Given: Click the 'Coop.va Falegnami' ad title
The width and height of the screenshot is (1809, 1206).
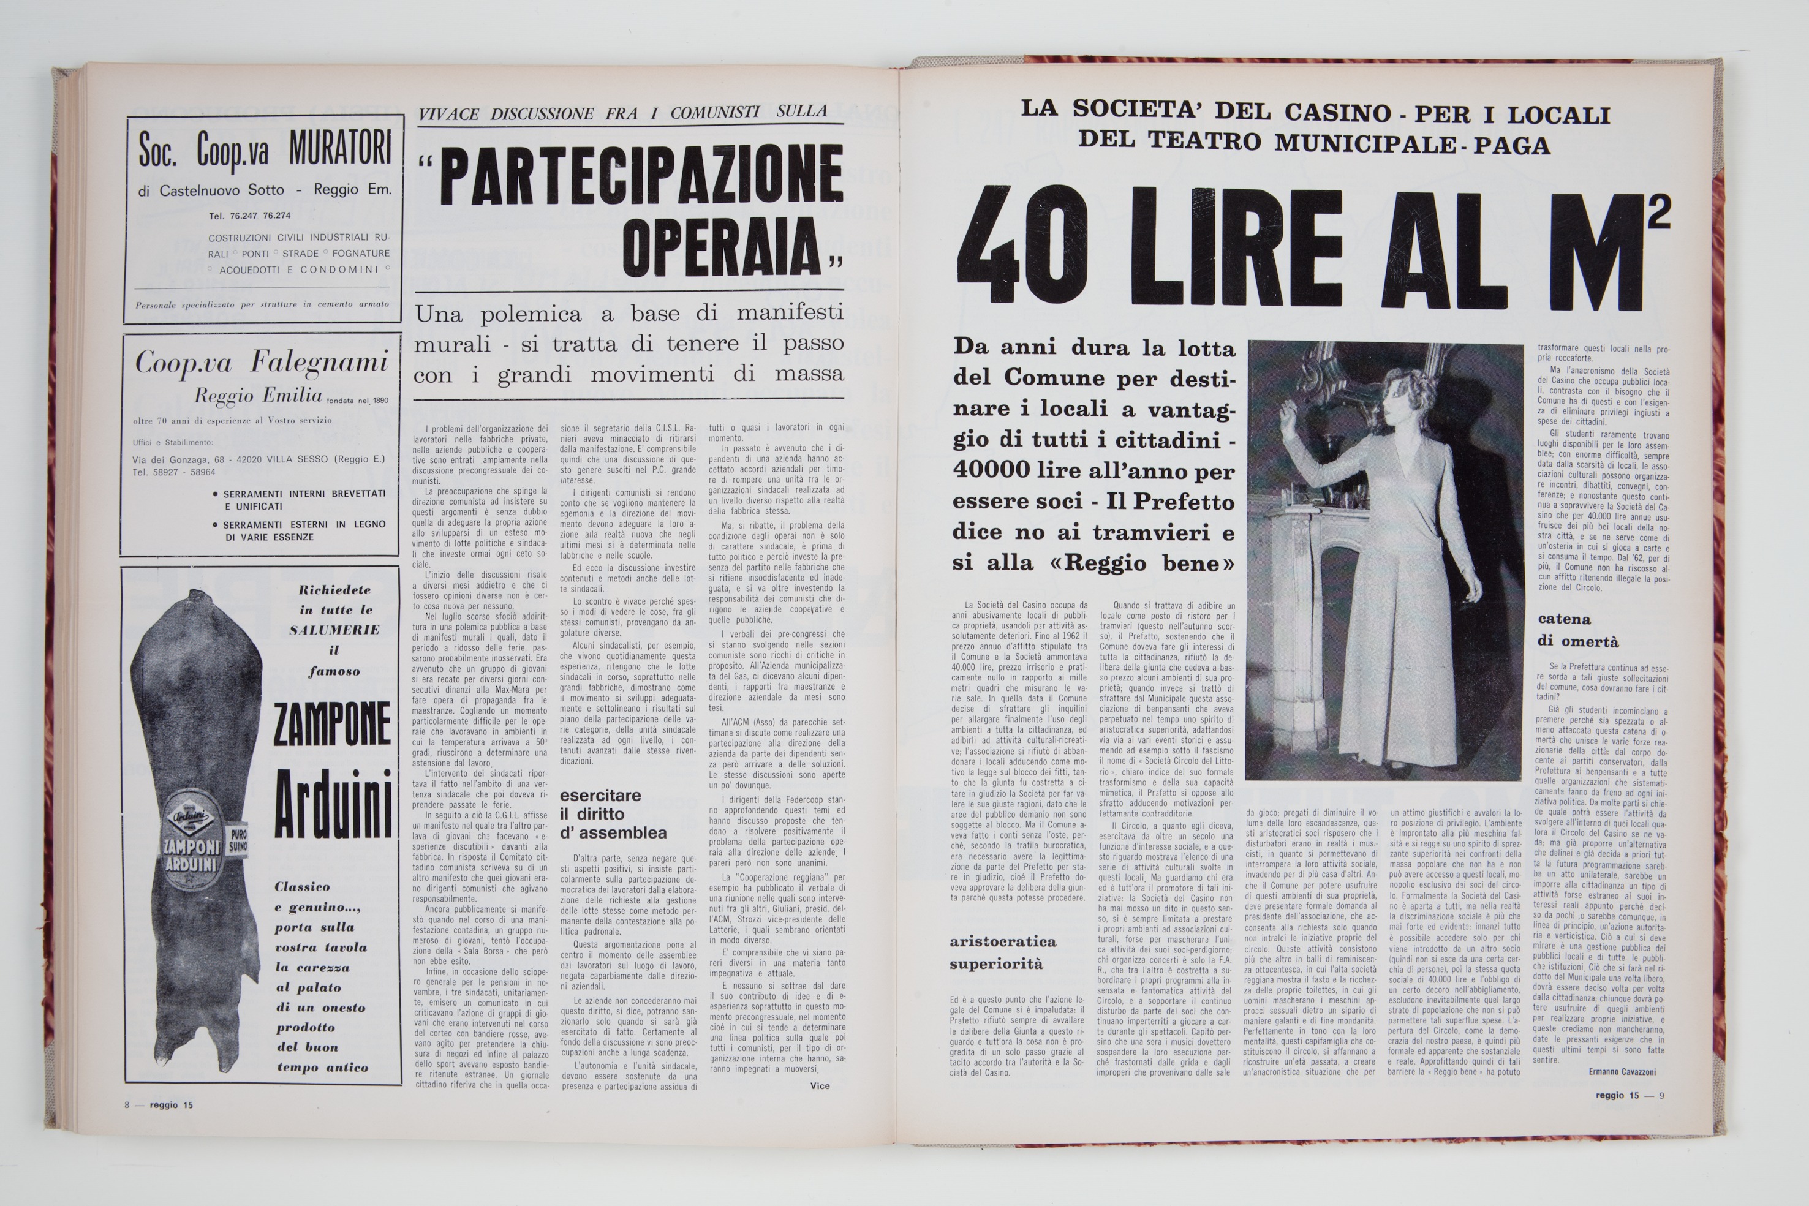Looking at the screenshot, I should [262, 362].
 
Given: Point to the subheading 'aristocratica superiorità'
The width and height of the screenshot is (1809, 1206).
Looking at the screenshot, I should [1002, 952].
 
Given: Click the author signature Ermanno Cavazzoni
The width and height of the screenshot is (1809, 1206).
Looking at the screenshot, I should [1622, 1071].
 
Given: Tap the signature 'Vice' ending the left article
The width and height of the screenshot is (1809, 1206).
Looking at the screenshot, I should [820, 1086].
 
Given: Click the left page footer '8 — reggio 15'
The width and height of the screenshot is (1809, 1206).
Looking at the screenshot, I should [159, 1105].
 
